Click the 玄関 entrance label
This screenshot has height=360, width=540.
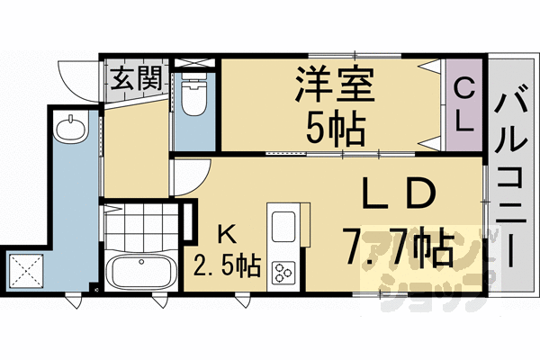(136, 76)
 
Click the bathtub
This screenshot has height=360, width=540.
(140, 271)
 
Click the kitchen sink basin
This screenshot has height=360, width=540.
(283, 225)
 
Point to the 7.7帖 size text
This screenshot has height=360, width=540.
(396, 246)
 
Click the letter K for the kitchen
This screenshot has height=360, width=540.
(228, 236)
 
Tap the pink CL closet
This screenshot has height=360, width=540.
(463, 103)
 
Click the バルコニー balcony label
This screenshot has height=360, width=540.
(514, 171)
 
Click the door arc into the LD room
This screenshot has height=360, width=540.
(191, 176)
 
